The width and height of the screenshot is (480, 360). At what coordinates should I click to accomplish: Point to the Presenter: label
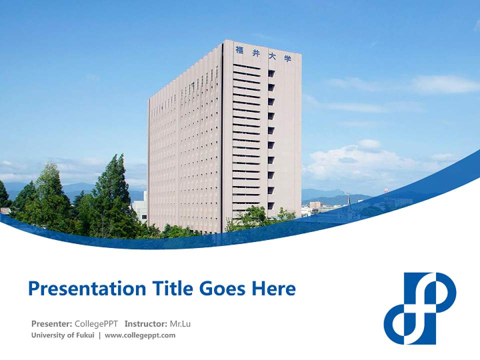[x=52, y=323]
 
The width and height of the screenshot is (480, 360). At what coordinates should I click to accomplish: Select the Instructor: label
[x=145, y=323]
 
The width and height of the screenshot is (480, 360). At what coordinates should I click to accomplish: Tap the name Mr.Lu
[x=180, y=323]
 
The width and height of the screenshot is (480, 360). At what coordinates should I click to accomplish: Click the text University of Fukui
[x=62, y=335]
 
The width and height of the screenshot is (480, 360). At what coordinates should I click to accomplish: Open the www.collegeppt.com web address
[x=140, y=335]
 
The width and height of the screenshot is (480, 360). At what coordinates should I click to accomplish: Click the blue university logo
[x=420, y=308]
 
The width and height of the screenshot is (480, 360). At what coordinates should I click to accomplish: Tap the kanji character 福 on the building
[x=239, y=49]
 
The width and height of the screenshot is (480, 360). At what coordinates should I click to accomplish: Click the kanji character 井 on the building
[x=255, y=52]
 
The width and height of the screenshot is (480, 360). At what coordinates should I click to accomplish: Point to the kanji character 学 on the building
[x=287, y=58]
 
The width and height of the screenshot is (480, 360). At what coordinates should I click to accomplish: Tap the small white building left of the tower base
[x=140, y=210]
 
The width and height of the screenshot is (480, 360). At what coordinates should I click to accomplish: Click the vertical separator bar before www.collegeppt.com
[x=99, y=335]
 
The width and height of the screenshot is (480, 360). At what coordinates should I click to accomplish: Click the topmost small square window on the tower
[x=271, y=73]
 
